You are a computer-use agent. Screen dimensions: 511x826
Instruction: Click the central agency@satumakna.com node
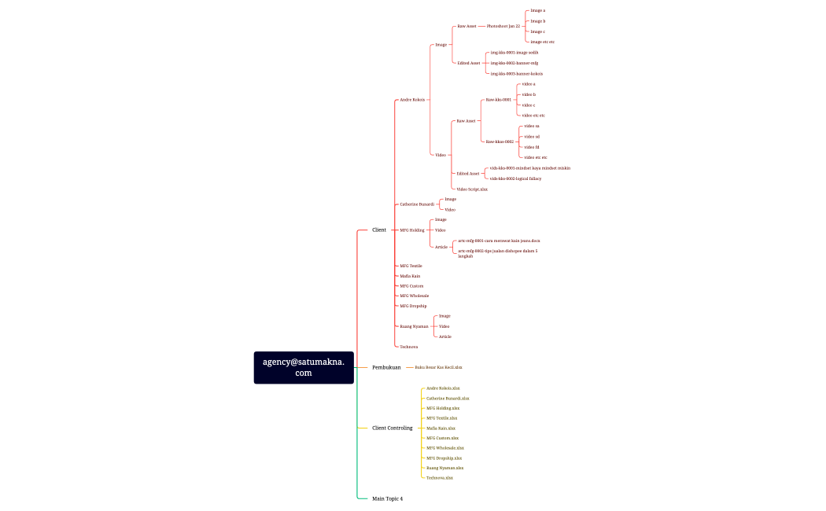[x=304, y=367]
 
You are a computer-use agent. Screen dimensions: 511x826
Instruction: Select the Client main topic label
[x=379, y=230]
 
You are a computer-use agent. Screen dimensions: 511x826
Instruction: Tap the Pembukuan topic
[x=386, y=367]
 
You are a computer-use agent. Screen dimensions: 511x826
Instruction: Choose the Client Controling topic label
[x=392, y=428]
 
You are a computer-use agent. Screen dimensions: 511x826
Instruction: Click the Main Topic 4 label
[x=387, y=498]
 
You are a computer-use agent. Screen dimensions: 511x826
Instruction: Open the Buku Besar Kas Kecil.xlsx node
[x=438, y=367]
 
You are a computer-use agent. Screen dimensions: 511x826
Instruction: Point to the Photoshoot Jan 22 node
[x=503, y=26]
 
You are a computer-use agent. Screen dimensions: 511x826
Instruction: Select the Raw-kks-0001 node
[x=498, y=100]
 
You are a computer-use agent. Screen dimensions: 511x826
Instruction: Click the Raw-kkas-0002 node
[x=500, y=142]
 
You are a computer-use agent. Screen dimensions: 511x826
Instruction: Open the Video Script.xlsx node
[x=472, y=189]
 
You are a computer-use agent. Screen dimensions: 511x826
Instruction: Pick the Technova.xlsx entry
[x=440, y=478]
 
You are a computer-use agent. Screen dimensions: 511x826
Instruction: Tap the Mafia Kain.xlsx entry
[x=441, y=428]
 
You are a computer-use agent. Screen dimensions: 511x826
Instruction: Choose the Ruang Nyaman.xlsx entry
[x=444, y=468]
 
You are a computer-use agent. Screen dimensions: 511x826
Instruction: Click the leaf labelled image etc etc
[x=542, y=42]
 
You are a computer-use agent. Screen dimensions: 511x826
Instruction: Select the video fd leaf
[x=531, y=147]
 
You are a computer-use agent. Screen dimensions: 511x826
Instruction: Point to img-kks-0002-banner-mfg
[x=514, y=63]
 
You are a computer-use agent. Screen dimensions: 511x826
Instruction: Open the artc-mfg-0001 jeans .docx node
[x=499, y=241]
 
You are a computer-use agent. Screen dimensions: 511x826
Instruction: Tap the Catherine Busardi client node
[x=417, y=204]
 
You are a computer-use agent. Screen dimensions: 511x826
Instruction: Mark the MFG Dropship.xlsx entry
[x=444, y=458]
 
